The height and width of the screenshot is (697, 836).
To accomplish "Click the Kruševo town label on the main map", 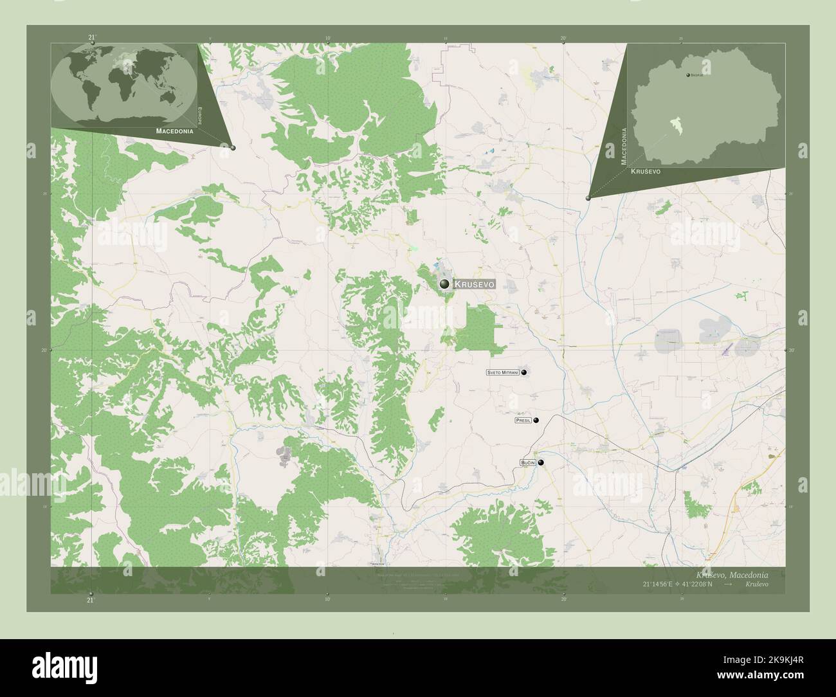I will click(475, 284).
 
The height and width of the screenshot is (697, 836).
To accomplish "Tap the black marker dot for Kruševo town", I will click(444, 284).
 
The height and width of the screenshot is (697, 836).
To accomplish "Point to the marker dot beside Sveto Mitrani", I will click(524, 372).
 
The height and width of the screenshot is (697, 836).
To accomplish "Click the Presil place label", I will click(523, 421).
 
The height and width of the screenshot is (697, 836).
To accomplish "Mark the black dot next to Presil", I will click(536, 421).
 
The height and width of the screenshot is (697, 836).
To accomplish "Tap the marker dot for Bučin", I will click(541, 462).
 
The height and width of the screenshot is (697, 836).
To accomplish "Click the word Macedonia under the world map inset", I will click(174, 131).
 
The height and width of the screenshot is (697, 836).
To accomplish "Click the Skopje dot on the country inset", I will click(688, 76).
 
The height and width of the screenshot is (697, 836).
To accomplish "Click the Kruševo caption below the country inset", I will click(645, 172).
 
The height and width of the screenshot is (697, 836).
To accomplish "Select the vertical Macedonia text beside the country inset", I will click(623, 147).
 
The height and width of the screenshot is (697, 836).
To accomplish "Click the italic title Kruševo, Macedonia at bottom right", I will click(732, 574).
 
